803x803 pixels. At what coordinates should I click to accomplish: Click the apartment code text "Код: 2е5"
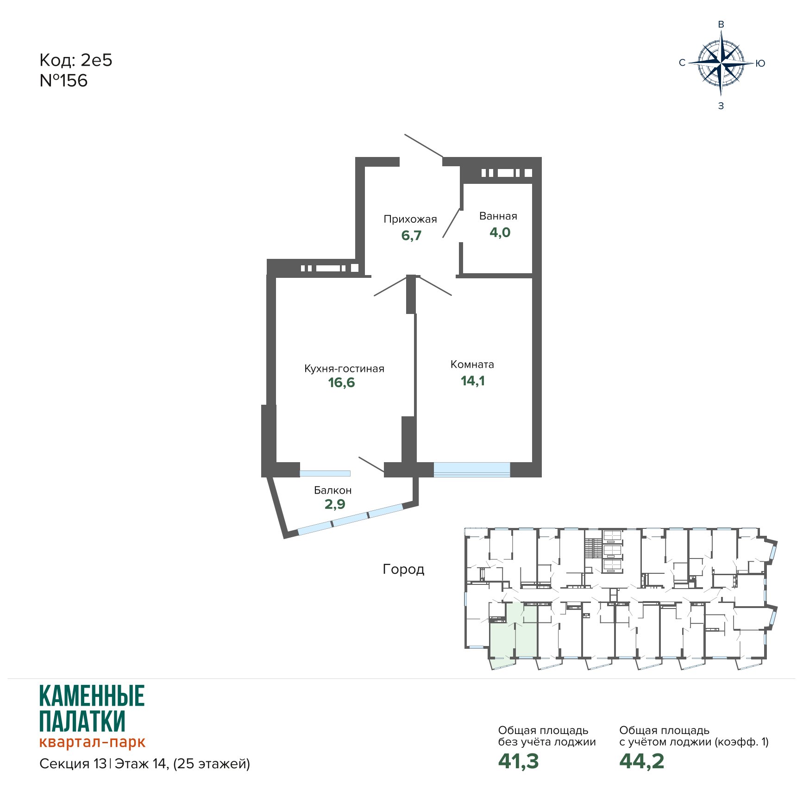click(x=76, y=60)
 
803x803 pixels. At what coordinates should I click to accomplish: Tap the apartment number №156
click(x=63, y=81)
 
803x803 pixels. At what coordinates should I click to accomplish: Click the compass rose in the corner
click(x=721, y=63)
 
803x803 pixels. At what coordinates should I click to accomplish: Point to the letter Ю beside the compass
click(x=760, y=63)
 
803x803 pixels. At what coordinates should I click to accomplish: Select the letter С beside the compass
click(x=682, y=63)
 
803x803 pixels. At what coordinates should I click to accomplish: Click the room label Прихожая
click(x=410, y=219)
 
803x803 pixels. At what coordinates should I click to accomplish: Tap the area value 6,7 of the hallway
click(x=411, y=235)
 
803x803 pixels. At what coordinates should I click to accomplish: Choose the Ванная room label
click(x=498, y=216)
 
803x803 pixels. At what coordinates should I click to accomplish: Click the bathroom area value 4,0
click(x=500, y=232)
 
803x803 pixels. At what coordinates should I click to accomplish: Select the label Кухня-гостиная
click(x=344, y=369)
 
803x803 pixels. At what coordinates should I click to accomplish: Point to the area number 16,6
click(x=342, y=383)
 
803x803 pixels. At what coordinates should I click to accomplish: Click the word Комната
click(x=472, y=364)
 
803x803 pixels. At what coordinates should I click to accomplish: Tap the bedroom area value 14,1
click(x=473, y=381)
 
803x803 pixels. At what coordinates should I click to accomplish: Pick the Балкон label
click(x=333, y=490)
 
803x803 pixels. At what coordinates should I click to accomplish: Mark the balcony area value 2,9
click(x=335, y=504)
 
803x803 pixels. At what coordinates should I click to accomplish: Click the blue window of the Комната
click(x=472, y=470)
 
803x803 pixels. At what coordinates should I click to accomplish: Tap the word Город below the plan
click(x=403, y=570)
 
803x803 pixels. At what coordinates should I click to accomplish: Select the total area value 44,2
click(x=642, y=761)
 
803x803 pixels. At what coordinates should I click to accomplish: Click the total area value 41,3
click(x=519, y=761)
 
